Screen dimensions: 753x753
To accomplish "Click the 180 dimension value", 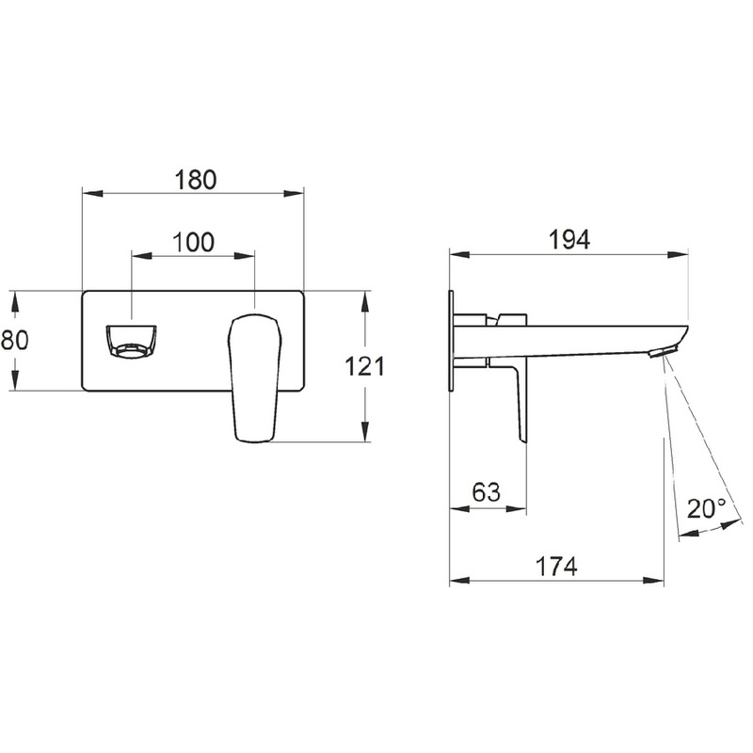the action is click(196, 180).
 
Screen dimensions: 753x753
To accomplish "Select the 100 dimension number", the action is click(193, 242).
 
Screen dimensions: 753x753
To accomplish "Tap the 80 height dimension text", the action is click(15, 340).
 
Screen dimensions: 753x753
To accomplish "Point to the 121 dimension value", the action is click(365, 367).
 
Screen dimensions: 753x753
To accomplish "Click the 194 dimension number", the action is click(569, 240).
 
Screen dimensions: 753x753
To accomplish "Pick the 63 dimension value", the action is click(486, 492).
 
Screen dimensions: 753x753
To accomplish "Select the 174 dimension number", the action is click(556, 567).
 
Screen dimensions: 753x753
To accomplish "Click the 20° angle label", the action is click(707, 508).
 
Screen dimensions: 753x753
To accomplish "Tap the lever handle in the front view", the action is click(253, 377).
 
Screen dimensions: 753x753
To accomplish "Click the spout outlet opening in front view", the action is click(131, 341).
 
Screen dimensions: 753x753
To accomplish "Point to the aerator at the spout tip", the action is click(664, 351).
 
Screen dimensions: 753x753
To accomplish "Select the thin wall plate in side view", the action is click(451, 342).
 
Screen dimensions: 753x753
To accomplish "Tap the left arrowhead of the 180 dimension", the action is click(93, 194).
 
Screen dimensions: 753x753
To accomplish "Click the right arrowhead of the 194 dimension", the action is click(678, 254).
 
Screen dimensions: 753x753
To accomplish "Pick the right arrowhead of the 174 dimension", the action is click(653, 581).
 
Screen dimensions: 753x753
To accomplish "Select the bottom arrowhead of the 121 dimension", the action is click(365, 431).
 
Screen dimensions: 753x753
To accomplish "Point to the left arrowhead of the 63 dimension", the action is click(460, 508).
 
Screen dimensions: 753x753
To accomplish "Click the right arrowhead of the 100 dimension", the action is click(244, 256).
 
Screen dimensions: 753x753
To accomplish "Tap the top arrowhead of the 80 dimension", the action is click(15, 302).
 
